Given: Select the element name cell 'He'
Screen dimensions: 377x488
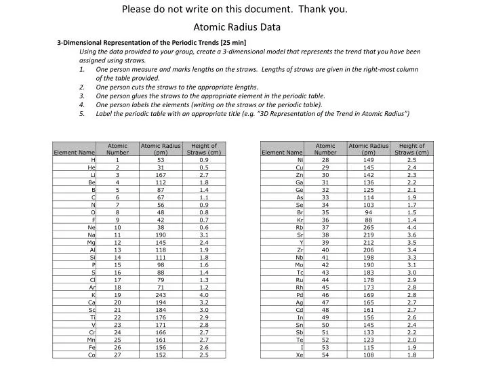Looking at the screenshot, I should click(90, 167).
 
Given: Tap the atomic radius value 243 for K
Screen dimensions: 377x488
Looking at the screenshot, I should click(161, 295).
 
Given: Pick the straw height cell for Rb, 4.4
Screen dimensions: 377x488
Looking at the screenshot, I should click(411, 227).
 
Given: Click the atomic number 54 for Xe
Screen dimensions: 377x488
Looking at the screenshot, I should click(325, 355).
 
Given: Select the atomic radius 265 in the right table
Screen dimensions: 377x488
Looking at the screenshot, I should click(368, 227).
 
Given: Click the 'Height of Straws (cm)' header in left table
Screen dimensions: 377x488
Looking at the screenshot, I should click(204, 149).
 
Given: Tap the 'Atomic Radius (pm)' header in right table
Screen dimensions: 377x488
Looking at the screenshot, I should click(368, 149).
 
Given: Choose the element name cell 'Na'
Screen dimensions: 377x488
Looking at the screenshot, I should click(90, 235).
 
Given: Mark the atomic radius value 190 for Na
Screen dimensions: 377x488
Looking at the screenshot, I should click(161, 235).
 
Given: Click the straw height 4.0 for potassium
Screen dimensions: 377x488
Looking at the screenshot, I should click(204, 295).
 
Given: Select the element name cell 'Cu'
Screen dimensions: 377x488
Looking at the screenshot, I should click(298, 167).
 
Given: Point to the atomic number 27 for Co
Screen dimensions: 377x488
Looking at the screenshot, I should click(117, 355).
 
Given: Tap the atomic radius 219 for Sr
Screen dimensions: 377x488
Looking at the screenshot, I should click(368, 235).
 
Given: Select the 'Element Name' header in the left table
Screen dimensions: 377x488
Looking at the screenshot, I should click(74, 153).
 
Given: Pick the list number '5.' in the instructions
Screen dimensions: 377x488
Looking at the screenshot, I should click(82, 113).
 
